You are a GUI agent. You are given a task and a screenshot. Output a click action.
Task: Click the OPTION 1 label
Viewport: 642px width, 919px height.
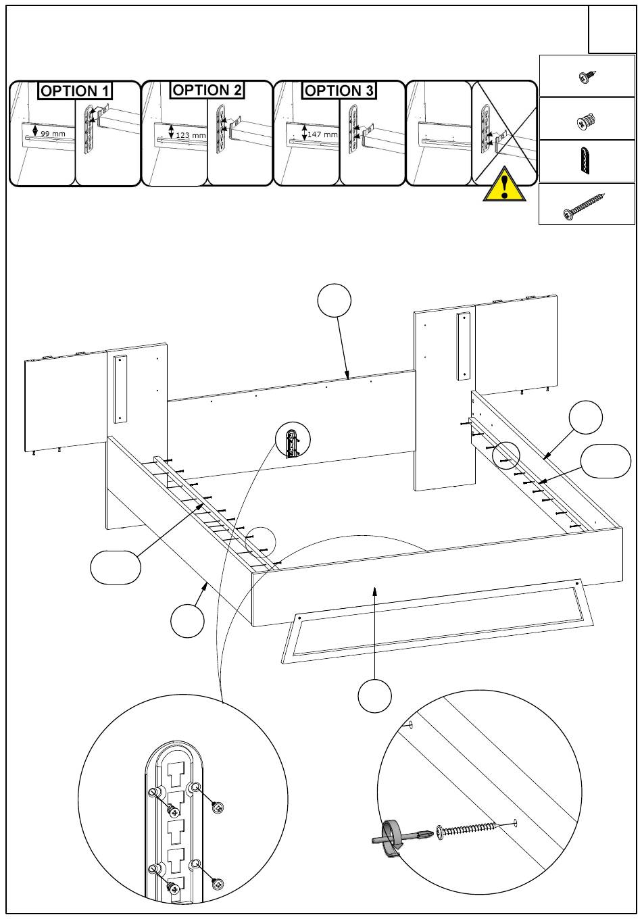coord(75,91)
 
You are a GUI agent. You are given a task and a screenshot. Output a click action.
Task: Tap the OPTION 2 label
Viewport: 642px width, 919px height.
coord(207,90)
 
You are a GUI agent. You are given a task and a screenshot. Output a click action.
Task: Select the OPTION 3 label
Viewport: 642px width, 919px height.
coord(339,91)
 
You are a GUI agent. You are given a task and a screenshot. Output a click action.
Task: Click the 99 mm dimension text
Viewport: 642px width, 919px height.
coord(53,134)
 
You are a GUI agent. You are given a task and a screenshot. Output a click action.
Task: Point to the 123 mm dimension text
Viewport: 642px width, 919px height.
coord(191,135)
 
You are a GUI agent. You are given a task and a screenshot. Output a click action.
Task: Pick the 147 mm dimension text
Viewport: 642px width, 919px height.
coord(323,134)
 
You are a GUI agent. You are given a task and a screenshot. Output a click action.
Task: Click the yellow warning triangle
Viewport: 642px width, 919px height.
coord(505,186)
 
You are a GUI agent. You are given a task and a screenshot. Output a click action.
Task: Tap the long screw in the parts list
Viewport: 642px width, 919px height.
coord(585,205)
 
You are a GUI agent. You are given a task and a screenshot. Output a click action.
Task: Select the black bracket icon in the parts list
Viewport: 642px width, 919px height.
coord(585,161)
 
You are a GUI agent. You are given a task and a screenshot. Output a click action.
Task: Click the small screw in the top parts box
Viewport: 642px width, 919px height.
coord(587,77)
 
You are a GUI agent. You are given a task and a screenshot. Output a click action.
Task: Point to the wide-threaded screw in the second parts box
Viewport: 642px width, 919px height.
coord(586,121)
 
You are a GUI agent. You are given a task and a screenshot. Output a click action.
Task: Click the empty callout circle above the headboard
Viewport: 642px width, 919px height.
coord(335,300)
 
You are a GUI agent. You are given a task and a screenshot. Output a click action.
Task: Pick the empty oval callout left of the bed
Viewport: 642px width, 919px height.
coord(116,568)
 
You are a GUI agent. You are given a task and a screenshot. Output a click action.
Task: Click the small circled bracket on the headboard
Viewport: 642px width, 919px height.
coord(293,439)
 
